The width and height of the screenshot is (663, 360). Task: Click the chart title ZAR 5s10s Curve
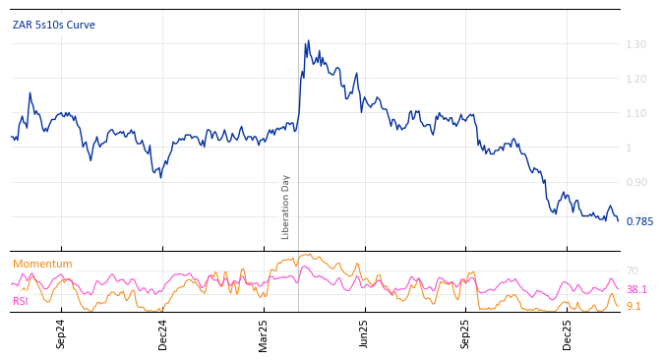point(54,25)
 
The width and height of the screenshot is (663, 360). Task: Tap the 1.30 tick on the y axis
point(635,45)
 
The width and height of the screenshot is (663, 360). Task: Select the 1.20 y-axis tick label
point(635,80)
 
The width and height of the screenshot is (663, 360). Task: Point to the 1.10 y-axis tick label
point(635,114)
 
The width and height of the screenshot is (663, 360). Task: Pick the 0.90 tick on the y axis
point(635,183)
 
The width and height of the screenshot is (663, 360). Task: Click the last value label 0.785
point(639,222)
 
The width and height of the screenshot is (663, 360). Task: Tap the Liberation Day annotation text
point(286,207)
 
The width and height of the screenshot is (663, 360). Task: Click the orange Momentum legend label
point(42,265)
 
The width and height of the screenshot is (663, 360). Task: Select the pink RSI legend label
point(21,301)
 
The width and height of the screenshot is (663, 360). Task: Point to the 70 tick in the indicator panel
point(633,271)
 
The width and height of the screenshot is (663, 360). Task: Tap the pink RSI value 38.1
point(637,290)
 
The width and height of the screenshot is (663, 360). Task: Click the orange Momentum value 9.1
point(633,307)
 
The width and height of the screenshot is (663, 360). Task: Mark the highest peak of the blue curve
point(308,41)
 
